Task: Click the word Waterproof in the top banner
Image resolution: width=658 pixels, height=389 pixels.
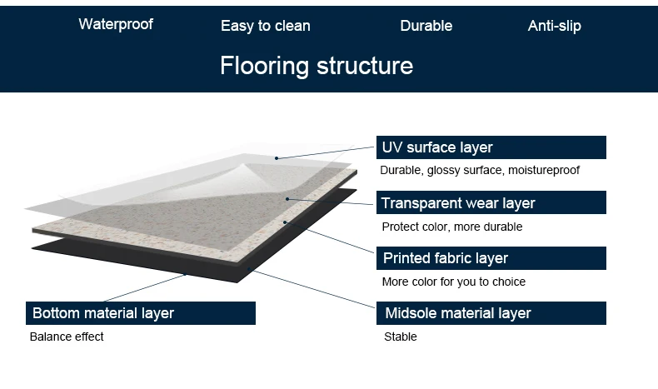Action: click(116, 24)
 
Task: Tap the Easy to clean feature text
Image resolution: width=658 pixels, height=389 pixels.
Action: click(265, 26)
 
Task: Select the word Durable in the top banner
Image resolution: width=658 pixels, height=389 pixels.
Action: click(426, 26)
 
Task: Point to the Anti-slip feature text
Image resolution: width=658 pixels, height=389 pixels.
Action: click(554, 26)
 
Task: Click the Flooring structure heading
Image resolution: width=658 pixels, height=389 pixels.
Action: click(317, 66)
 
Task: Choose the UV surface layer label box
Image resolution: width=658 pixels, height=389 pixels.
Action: click(491, 147)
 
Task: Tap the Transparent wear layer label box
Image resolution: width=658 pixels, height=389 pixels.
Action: click(491, 203)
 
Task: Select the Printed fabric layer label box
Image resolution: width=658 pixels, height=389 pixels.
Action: click(491, 258)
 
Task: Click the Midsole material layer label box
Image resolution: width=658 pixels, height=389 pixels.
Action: click(491, 313)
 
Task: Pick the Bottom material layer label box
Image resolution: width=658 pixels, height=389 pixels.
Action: click(141, 313)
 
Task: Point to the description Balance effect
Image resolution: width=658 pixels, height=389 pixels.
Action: click(67, 337)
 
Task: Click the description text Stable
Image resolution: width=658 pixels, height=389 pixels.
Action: click(400, 337)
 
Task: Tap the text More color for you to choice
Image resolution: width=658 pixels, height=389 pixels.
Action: click(453, 282)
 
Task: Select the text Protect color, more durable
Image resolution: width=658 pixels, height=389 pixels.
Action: click(452, 227)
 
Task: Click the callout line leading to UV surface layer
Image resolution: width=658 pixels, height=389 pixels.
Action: click(325, 152)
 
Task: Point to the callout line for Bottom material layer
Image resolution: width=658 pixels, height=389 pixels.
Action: click(142, 287)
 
